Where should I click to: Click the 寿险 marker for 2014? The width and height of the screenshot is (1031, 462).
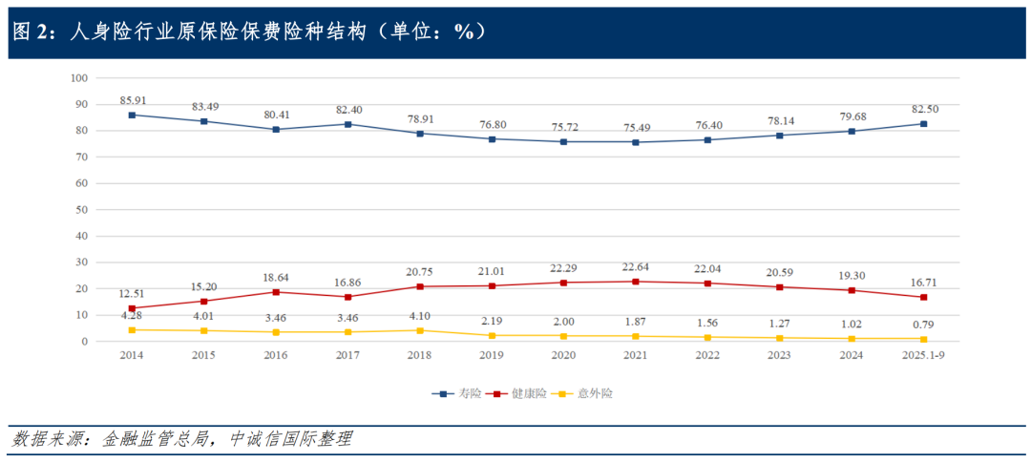coord(132,115)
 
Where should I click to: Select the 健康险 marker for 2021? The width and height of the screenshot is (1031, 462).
coord(636,282)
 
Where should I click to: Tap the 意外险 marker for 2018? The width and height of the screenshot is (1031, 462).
coord(420,330)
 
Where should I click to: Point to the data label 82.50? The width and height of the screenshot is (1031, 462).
coord(924,109)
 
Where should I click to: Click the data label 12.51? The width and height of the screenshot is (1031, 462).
coord(132,293)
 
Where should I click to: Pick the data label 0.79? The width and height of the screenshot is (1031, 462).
coord(924,324)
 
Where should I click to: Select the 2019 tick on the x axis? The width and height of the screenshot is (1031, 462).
coord(492,355)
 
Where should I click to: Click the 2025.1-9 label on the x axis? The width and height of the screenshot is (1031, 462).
coord(924,355)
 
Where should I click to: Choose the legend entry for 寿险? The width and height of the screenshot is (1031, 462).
coord(456,393)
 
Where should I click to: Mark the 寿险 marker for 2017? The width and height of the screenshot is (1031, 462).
coord(347,124)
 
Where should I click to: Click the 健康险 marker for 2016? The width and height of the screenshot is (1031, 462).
coord(276,292)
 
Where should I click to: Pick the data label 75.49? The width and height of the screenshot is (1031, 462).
coord(636,127)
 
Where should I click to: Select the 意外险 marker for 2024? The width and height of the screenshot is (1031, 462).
coord(852,339)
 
